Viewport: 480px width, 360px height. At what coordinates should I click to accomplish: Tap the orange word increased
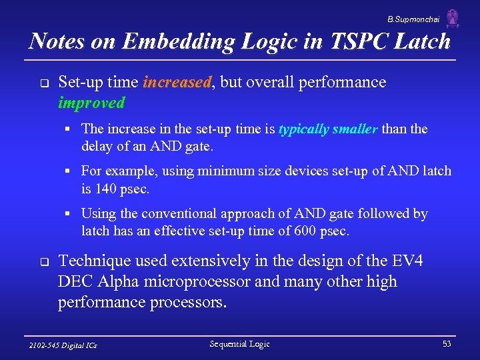click(177, 83)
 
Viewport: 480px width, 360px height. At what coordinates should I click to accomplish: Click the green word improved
click(91, 103)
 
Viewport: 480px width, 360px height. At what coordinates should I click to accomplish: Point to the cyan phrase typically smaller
click(329, 129)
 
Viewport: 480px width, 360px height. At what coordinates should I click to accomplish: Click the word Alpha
click(120, 281)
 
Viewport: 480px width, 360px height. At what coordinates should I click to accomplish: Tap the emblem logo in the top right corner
click(453, 19)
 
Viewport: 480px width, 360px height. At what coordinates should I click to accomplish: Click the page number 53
click(446, 344)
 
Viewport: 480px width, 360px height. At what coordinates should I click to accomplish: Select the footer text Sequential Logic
click(240, 344)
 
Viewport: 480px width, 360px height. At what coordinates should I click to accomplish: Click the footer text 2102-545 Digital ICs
click(64, 345)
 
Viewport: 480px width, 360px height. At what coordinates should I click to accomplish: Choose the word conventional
click(178, 214)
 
